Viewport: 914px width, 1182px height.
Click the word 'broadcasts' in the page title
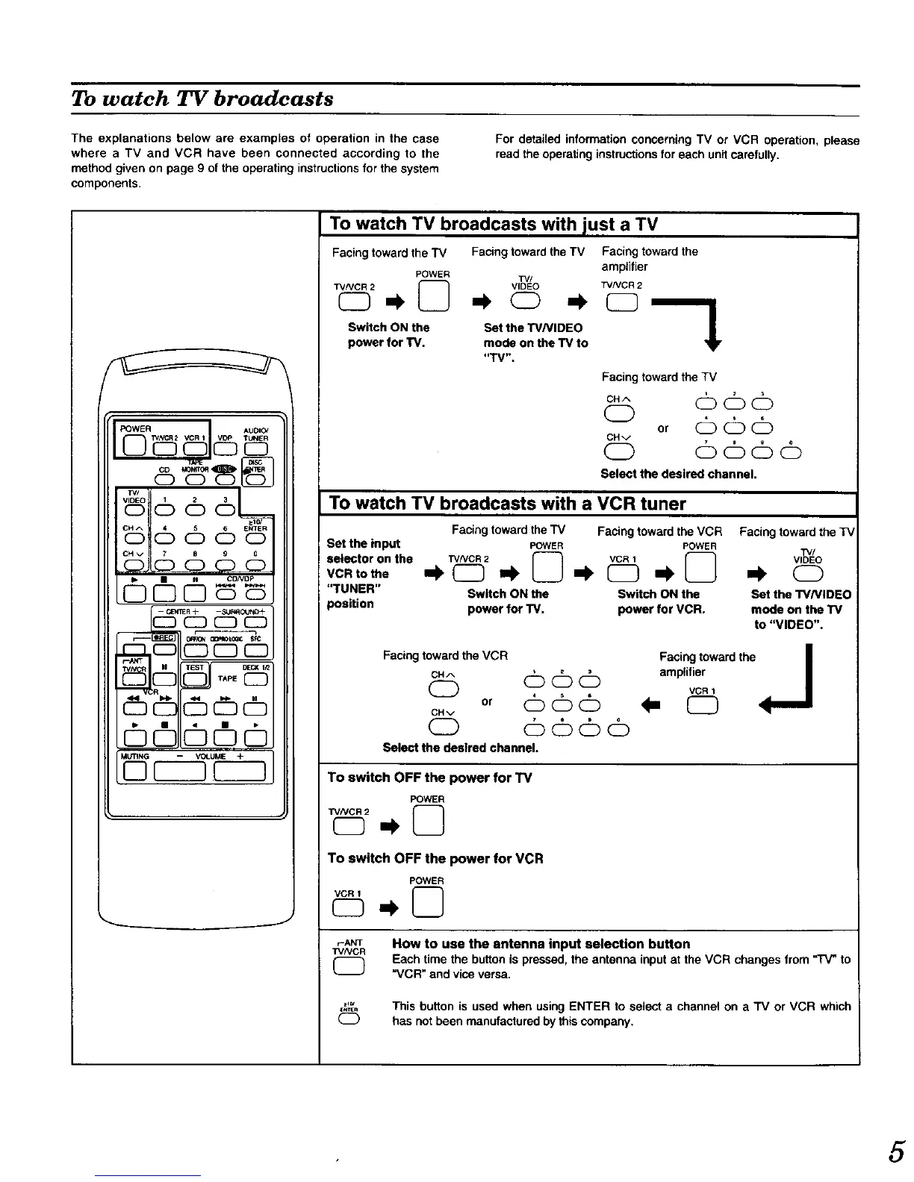[274, 99]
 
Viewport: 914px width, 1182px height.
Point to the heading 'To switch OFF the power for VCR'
[435, 858]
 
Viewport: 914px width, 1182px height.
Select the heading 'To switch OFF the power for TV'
[429, 778]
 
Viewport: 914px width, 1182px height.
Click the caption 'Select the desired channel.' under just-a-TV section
[679, 474]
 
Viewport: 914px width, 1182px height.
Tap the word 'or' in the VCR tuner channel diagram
[487, 702]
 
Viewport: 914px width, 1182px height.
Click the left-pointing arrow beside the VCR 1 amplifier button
[657, 705]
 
